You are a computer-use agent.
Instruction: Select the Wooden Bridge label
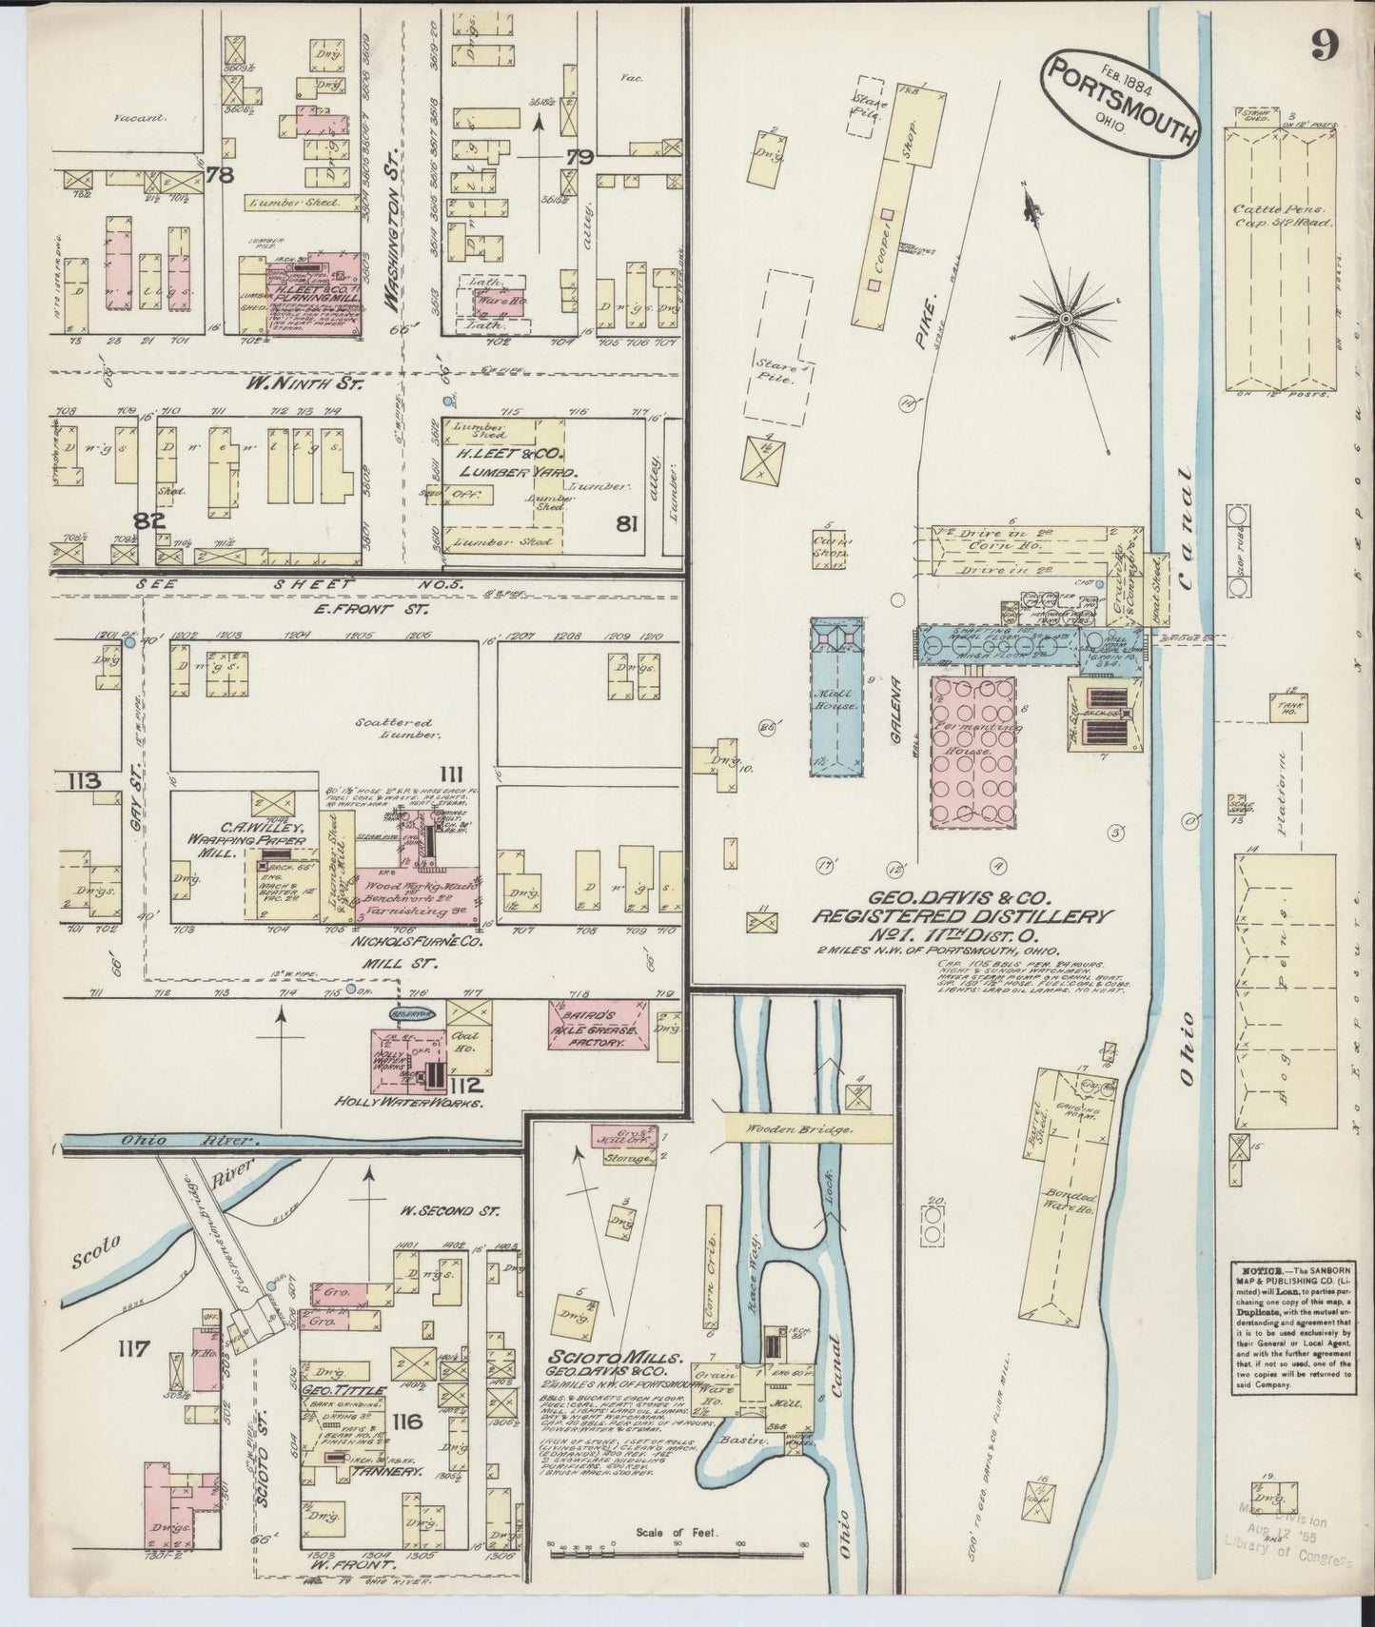(807, 1128)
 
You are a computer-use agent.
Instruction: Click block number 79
(579, 157)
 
